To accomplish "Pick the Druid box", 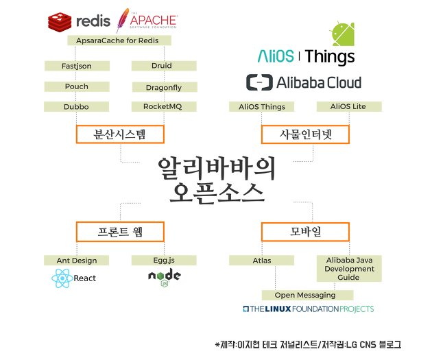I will click(163, 66).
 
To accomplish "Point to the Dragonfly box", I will click(163, 87).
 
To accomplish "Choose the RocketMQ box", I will click(163, 106).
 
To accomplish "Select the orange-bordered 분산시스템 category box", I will click(120, 134).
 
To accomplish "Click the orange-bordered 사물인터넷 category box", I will click(305, 134).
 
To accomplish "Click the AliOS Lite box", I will click(349, 106).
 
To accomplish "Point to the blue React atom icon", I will click(62, 278).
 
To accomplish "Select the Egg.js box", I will click(163, 260).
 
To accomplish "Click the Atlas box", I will click(262, 260).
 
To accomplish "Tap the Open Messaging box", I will click(305, 295).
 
